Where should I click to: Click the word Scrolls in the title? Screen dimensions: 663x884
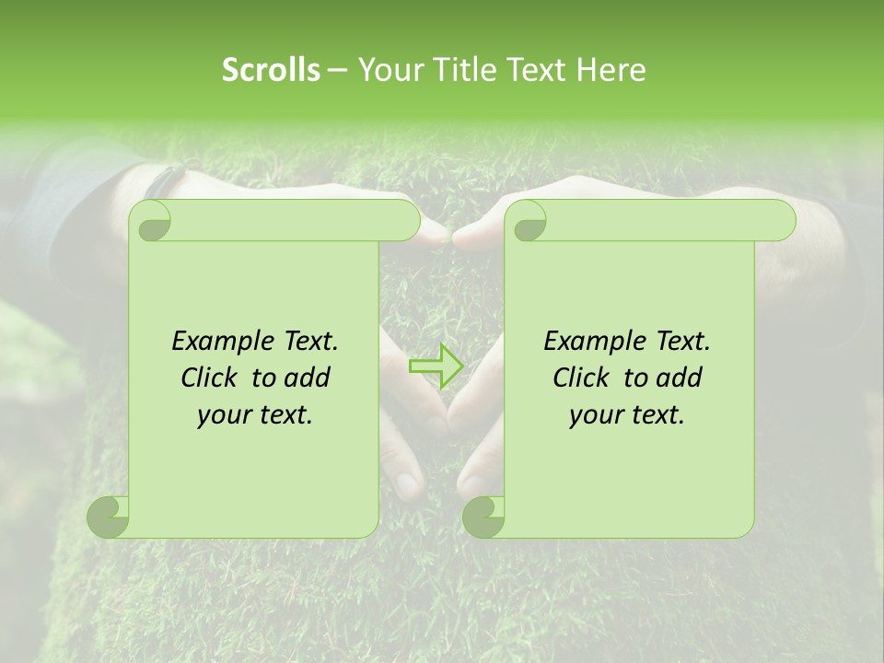pos(271,70)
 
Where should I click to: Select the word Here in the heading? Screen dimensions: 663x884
pos(611,70)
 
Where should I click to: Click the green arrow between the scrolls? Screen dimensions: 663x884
pos(436,366)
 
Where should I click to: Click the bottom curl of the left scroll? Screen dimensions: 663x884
pos(109,517)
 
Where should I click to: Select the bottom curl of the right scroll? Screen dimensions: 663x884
pos(483,517)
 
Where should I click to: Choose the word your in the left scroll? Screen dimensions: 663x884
pos(223,415)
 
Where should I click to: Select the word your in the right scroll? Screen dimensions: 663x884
pos(595,415)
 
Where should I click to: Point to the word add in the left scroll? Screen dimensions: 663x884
pos(308,378)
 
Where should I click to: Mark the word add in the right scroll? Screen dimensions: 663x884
pos(680,378)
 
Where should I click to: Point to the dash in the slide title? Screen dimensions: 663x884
pos(337,71)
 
